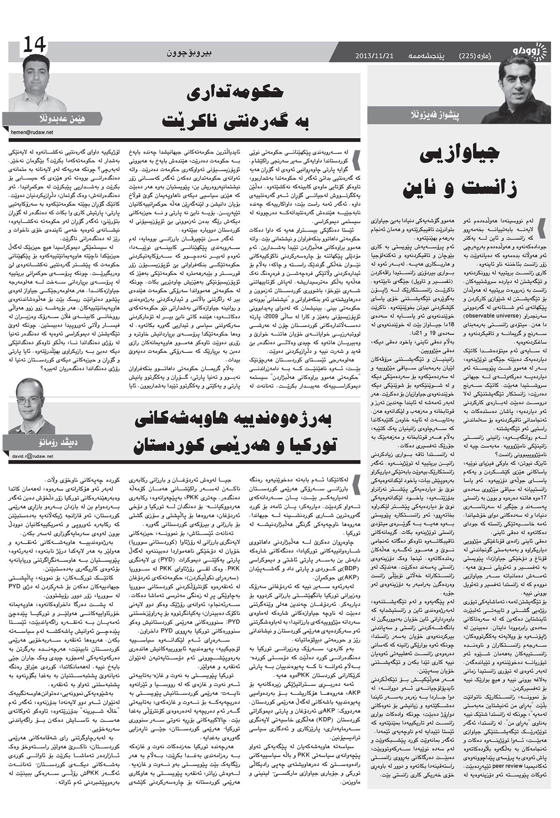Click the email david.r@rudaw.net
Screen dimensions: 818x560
click(30, 456)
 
